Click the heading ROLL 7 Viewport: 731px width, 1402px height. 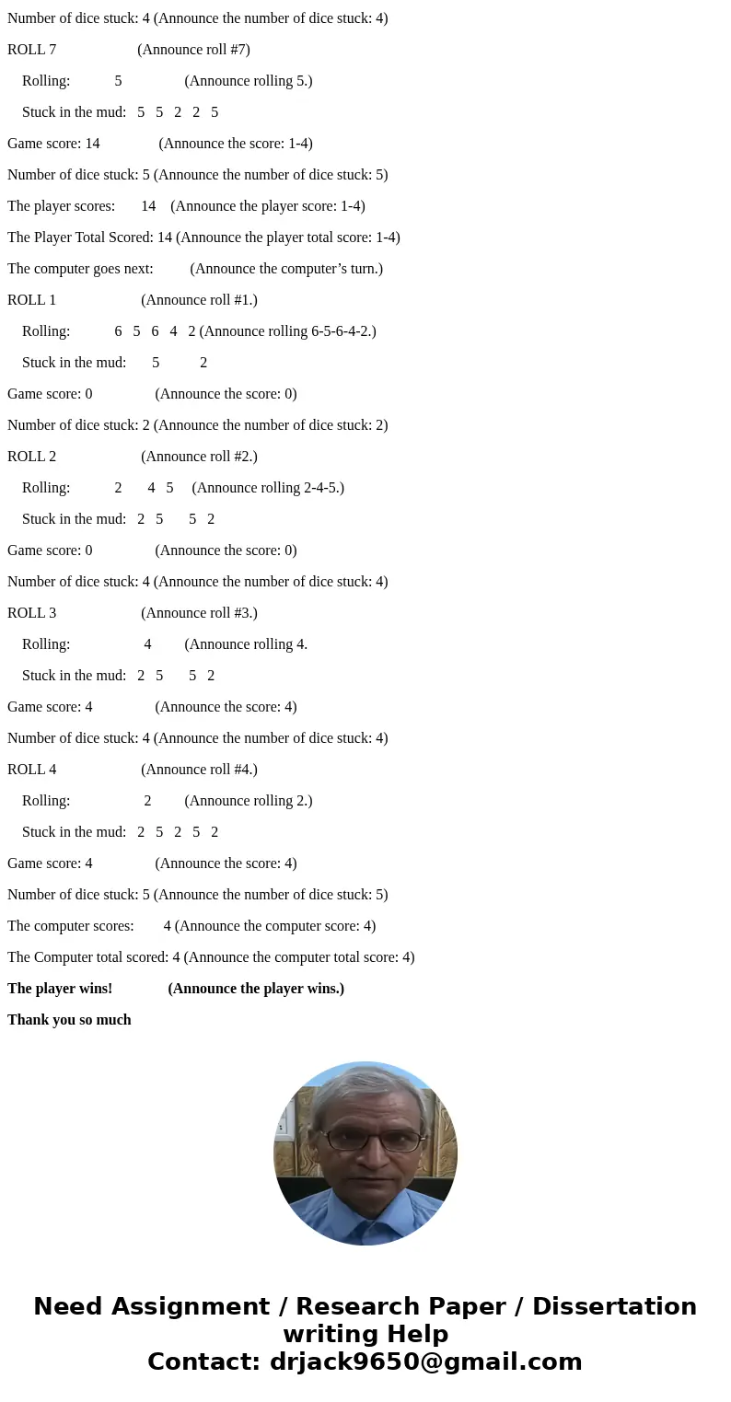tap(32, 50)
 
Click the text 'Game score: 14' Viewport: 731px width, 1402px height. tap(53, 144)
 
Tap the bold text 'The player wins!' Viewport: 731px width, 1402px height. tap(60, 989)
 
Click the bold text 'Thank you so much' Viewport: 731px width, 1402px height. tap(69, 1020)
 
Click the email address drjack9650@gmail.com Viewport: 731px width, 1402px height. tap(425, 1362)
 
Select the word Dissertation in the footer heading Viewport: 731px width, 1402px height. tap(614, 1307)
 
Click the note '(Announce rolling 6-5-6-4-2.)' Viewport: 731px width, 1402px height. tap(287, 331)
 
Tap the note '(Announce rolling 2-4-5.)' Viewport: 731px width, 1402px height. tap(268, 488)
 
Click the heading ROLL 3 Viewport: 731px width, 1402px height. tap(32, 613)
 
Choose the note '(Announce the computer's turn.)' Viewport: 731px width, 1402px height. tap(286, 269)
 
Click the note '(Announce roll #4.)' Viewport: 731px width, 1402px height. tap(199, 770)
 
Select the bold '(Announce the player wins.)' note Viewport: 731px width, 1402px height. tap(256, 989)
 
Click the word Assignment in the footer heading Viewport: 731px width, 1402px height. tap(191, 1307)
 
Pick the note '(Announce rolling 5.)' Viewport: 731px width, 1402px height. tap(249, 81)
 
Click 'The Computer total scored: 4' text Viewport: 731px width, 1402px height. tap(93, 957)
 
